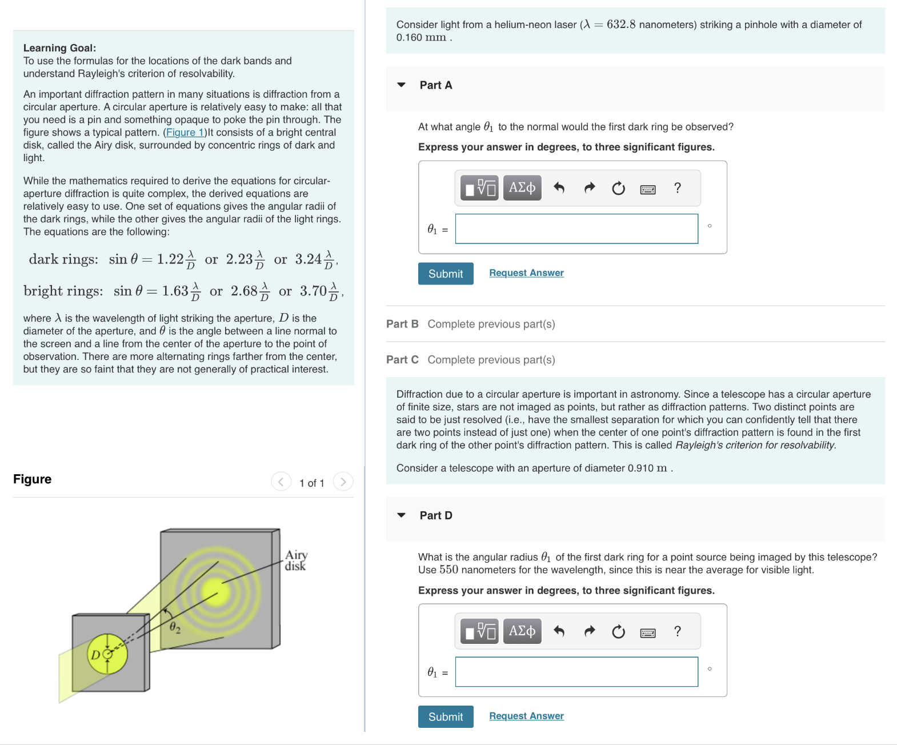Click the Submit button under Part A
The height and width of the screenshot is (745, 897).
pos(445,274)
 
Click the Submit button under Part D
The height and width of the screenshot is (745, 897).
pos(445,716)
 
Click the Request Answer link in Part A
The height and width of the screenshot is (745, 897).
pos(526,273)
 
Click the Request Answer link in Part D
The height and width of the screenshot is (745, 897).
pos(526,716)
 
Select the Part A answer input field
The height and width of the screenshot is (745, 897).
pos(576,229)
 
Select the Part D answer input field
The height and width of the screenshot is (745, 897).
pos(576,672)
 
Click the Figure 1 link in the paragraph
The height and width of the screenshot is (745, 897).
pos(185,133)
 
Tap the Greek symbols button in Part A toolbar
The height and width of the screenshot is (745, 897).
pos(522,188)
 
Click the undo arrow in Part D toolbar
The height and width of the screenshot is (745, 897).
pos(559,631)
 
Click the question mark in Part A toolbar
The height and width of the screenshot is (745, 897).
pos(677,188)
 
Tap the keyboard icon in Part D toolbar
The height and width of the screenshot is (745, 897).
pos(647,632)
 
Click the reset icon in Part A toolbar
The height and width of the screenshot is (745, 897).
pos(618,189)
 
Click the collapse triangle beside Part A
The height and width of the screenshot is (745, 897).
pos(401,85)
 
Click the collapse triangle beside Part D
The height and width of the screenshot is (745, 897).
pos(401,515)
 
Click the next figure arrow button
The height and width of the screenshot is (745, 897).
pos(343,482)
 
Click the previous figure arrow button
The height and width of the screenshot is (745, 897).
pos(281,482)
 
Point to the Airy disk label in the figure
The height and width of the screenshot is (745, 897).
pos(295,560)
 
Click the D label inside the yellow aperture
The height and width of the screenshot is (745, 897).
pos(95,655)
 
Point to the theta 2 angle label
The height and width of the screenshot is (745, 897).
pos(175,628)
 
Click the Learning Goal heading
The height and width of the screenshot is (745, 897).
pos(59,48)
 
